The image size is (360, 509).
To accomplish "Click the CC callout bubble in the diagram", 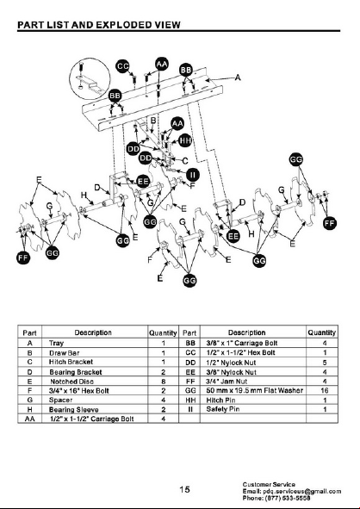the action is click(122, 66).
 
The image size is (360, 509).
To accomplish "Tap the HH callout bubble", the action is click(185, 140).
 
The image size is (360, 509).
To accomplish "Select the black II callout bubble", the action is click(193, 175).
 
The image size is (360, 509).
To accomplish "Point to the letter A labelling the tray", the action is click(238, 78).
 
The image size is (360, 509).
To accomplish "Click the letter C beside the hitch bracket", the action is click(185, 161).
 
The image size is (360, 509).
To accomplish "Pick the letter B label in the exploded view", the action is click(153, 121).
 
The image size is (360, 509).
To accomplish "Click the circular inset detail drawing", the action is click(90, 79).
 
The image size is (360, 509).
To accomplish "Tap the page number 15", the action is click(184, 489).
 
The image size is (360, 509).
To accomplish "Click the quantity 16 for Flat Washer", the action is click(325, 390).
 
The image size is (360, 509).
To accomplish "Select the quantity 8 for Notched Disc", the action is click(164, 382).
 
